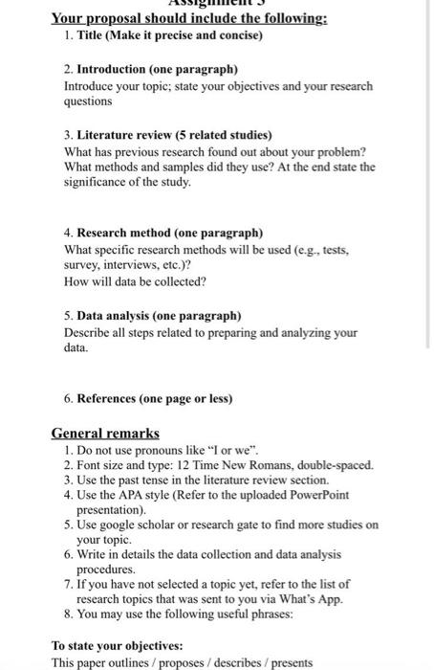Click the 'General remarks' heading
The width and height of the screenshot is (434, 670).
coord(105,433)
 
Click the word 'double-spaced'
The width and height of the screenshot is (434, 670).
coord(334,464)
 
